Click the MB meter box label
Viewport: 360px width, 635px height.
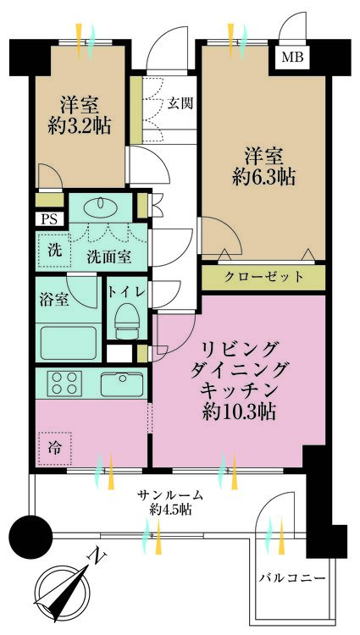[294, 58]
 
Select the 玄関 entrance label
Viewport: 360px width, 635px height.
[180, 104]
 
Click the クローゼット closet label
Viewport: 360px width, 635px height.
[263, 277]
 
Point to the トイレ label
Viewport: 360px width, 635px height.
[126, 292]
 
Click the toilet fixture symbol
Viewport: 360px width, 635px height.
[125, 323]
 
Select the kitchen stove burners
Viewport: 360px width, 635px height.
[64, 383]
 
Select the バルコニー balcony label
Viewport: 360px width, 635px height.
[292, 577]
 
